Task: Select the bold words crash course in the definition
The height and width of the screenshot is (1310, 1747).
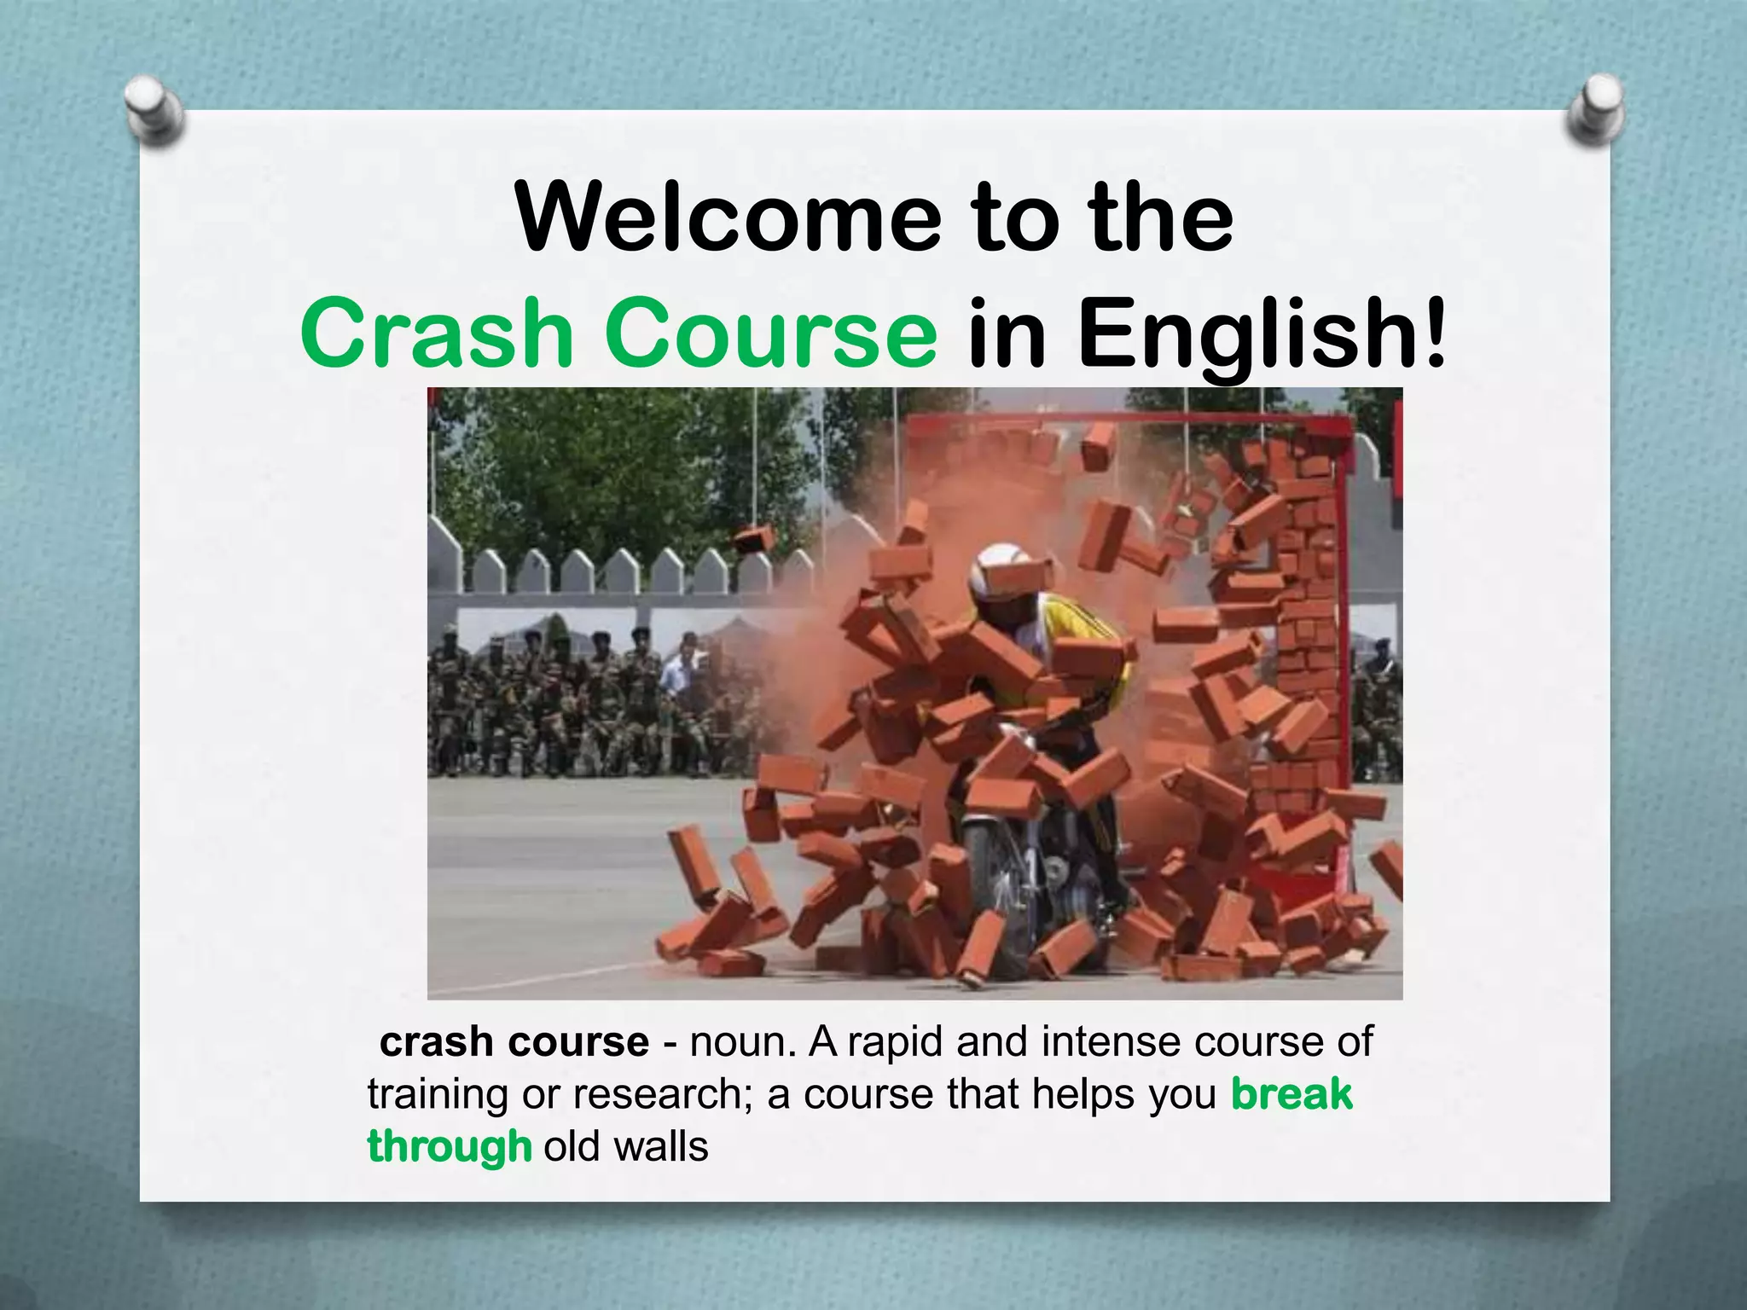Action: (x=514, y=1042)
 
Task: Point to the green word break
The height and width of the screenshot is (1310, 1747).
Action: (x=1291, y=1094)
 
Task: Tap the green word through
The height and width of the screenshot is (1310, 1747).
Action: (x=450, y=1146)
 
